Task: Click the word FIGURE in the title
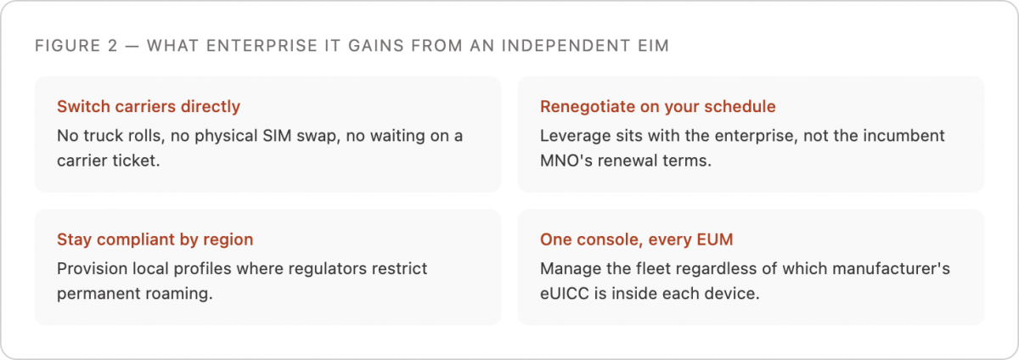click(x=67, y=46)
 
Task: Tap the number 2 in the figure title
click(x=113, y=46)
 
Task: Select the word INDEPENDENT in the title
click(x=566, y=46)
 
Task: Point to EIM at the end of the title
click(x=653, y=46)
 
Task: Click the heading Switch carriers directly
click(x=149, y=106)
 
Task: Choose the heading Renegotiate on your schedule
click(x=658, y=106)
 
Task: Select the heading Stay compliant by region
click(x=155, y=239)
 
